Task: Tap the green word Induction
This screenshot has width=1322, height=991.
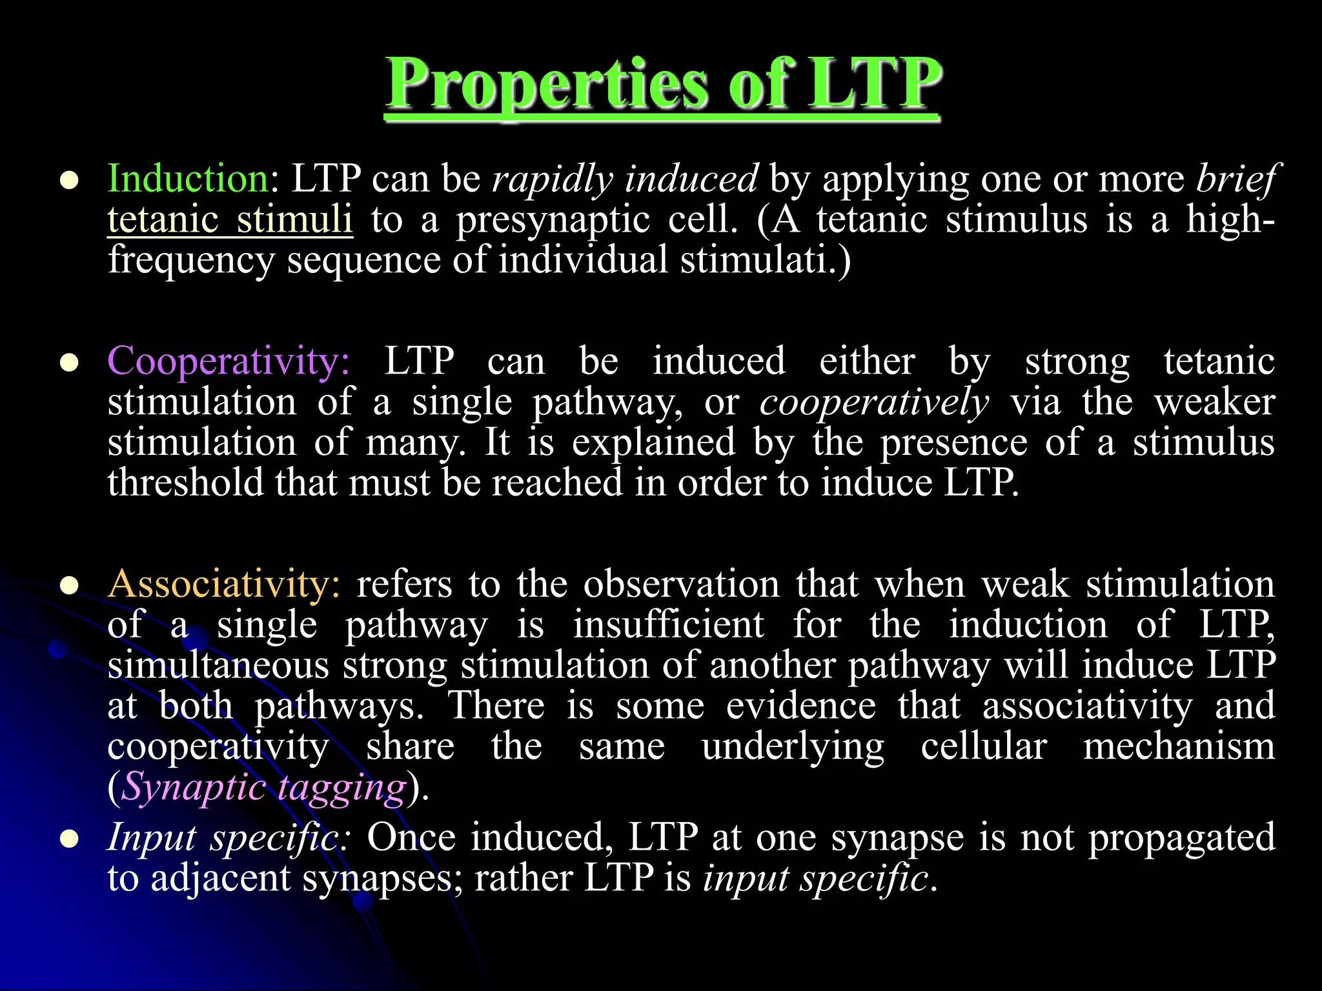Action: pos(187,178)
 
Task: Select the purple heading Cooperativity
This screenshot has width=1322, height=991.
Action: pos(227,361)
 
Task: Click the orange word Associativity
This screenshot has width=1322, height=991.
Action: pos(223,584)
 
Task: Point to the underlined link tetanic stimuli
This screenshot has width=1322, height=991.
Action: pos(230,219)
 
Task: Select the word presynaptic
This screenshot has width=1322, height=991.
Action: pos(553,219)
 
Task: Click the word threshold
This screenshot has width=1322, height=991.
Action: pos(185,483)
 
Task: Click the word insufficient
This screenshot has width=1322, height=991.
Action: pos(668,625)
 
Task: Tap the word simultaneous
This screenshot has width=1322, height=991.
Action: pos(218,665)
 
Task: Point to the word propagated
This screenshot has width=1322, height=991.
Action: pos(1181,837)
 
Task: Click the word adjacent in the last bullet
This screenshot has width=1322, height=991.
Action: pos(220,878)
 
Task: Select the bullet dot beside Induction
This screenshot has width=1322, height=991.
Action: pos(69,181)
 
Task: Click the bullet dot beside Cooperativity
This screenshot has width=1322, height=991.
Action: pos(69,363)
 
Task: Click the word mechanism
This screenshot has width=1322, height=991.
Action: pos(1179,746)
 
